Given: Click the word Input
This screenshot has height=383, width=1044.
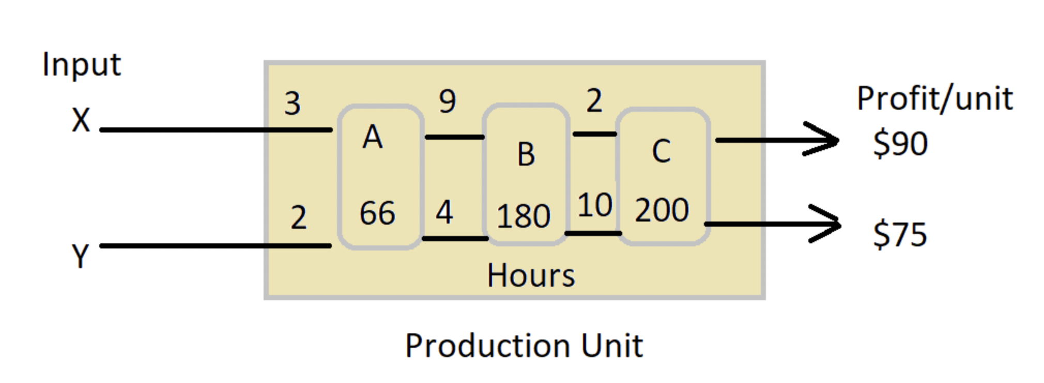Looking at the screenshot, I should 81,65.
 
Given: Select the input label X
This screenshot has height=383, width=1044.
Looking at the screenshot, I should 81,121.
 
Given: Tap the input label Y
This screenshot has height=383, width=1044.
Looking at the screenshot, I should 80,256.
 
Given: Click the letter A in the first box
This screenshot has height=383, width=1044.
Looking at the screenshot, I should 373,138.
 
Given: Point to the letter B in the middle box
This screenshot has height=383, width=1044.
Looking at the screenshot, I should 526,154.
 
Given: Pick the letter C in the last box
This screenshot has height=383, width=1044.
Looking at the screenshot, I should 661,152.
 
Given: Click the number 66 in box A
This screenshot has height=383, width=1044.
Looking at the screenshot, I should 377,213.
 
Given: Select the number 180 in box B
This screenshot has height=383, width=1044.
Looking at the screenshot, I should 523,216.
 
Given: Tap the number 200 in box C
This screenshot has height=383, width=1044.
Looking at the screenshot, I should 662,210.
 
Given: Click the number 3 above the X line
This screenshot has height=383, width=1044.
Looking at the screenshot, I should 292,103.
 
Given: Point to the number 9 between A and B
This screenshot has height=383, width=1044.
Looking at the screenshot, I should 448,101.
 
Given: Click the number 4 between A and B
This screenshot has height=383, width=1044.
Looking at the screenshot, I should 444,212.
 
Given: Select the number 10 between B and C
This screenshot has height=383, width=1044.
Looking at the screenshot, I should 594,205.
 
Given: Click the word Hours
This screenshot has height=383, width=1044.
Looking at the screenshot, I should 531,275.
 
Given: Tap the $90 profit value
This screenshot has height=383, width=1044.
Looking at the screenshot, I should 900,143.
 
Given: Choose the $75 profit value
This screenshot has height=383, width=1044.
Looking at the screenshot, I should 900,234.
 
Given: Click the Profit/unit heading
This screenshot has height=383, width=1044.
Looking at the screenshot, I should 934,98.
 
